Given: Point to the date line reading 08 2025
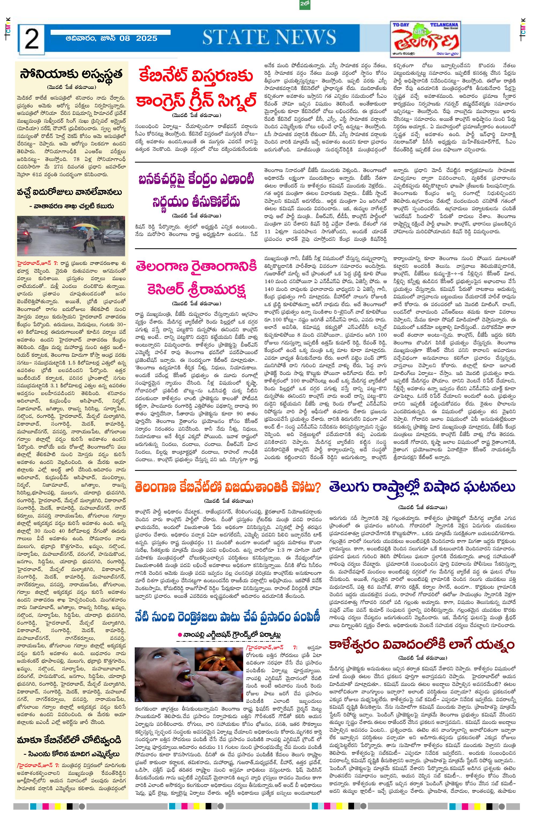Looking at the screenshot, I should [x=111, y=38].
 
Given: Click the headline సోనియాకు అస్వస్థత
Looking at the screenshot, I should [x=71, y=74].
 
